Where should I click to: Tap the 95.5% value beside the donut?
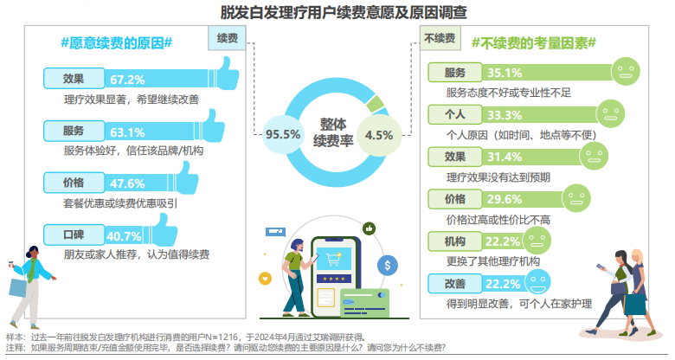pyautogui.click(x=283, y=134)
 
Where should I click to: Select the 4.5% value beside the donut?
pyautogui.click(x=379, y=134)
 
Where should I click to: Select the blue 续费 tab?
pyautogui.click(x=228, y=39)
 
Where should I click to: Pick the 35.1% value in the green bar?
pyautogui.click(x=505, y=73)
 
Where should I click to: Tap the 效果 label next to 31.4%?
pyautogui.click(x=455, y=157)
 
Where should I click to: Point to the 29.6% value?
pyautogui.click(x=505, y=199)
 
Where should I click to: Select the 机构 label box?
pyautogui.click(x=455, y=241)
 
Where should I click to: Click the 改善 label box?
pyautogui.click(x=455, y=283)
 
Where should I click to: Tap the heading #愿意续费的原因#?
pyautogui.click(x=116, y=42)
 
